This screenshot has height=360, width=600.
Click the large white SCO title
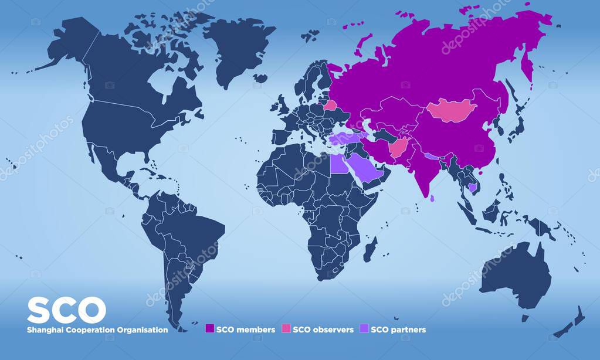(66, 310)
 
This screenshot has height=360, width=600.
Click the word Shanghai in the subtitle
(43, 330)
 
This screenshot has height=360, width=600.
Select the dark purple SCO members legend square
(209, 329)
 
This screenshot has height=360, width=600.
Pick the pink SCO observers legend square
(286, 329)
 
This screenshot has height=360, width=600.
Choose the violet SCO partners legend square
(365, 329)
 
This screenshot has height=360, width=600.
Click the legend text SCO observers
(323, 330)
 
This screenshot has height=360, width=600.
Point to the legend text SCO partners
(399, 330)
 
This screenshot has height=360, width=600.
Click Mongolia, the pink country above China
(452, 110)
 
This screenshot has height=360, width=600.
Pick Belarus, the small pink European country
(331, 106)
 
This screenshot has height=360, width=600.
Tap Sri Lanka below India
(433, 198)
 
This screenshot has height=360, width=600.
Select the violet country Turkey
(346, 138)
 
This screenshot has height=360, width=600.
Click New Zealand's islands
(572, 322)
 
